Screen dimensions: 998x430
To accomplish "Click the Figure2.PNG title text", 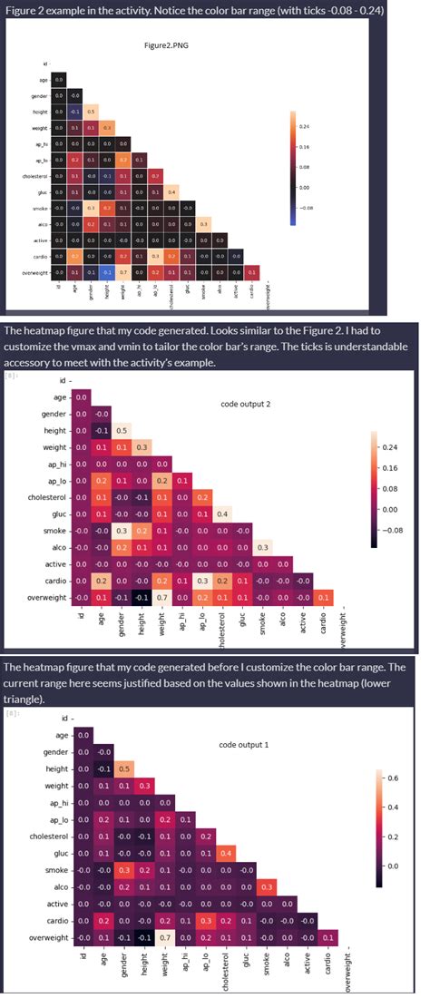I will tap(164, 44).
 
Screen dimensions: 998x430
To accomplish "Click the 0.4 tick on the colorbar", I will tap(396, 807).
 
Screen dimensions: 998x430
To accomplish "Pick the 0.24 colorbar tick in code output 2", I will tap(392, 447).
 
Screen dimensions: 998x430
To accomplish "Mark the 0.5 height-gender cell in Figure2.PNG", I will tap(91, 112).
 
